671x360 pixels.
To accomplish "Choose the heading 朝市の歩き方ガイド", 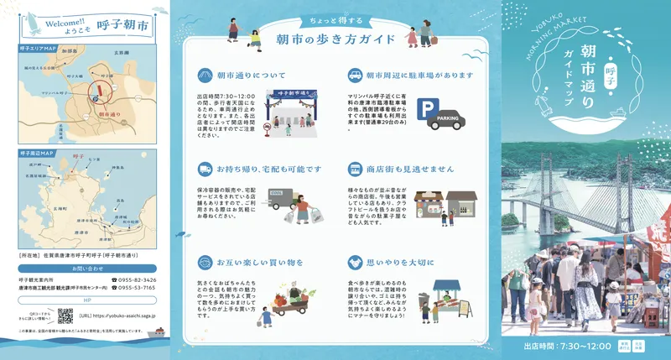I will tap(335, 39).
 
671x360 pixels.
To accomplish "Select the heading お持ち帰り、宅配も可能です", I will tap(257, 169).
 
